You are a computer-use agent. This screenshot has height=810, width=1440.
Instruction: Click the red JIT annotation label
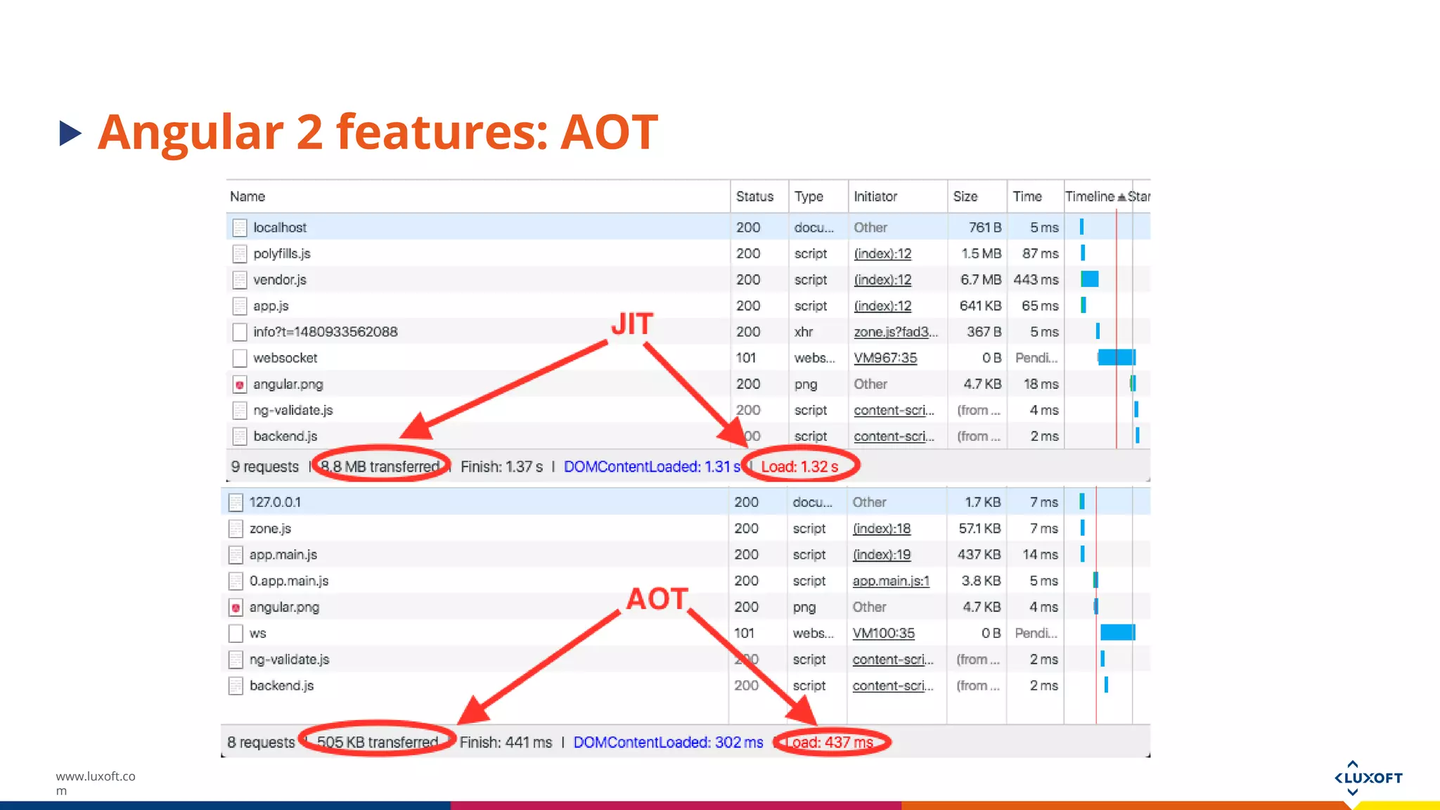(x=632, y=324)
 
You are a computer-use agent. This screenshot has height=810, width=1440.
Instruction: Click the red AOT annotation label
(x=657, y=599)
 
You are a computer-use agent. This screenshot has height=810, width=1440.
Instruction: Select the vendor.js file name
(x=279, y=280)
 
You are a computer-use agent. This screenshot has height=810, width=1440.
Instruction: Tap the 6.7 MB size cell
(x=980, y=280)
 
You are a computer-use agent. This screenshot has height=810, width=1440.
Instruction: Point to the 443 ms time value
(x=1035, y=280)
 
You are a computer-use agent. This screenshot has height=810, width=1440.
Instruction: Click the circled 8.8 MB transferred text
(x=380, y=466)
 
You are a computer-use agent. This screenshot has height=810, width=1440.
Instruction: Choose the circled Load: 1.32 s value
(x=799, y=466)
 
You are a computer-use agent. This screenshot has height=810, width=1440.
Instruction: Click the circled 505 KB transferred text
(x=378, y=742)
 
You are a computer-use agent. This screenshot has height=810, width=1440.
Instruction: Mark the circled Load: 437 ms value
(x=829, y=742)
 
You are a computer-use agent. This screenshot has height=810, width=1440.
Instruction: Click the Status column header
(x=754, y=197)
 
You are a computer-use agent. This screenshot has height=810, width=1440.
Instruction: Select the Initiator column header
(x=875, y=197)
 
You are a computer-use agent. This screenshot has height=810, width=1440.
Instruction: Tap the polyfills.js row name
(x=281, y=254)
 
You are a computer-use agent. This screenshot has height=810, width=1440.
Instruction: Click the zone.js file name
(x=270, y=529)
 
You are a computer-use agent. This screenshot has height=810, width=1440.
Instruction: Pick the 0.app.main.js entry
(x=288, y=581)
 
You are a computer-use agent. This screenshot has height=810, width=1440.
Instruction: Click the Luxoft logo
(x=1368, y=778)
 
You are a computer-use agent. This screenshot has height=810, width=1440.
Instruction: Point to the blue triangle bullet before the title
(x=70, y=133)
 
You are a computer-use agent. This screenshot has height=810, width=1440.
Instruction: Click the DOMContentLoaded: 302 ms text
(x=668, y=742)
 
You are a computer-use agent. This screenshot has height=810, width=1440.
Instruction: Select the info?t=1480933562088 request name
(x=325, y=332)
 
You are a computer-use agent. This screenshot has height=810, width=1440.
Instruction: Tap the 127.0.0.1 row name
(x=275, y=502)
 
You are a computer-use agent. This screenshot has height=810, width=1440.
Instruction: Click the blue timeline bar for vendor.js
(x=1090, y=279)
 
